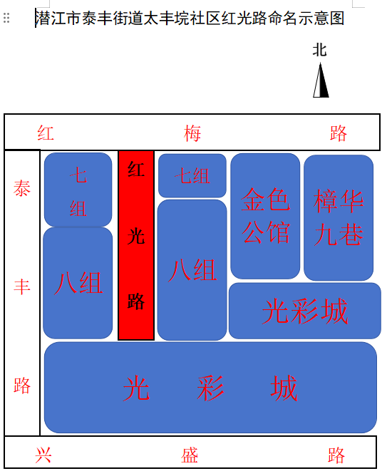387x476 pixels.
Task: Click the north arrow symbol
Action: [x=321, y=80]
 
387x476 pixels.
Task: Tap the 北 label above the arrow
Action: [x=319, y=50]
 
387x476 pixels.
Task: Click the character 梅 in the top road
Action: [x=192, y=133]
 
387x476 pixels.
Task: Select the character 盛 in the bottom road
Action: [x=190, y=455]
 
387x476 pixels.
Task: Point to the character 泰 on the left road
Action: [x=22, y=188]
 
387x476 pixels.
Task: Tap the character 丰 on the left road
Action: [x=22, y=287]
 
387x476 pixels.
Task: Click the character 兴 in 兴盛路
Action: [x=43, y=455]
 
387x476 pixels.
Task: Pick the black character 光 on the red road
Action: [x=136, y=237]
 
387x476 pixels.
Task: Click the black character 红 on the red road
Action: [x=136, y=169]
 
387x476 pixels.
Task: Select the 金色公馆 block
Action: [x=265, y=216]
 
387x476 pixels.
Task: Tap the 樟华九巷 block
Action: [x=339, y=217]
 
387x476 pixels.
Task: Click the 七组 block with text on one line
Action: [x=192, y=175]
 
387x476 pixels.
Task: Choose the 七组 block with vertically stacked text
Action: [x=78, y=190]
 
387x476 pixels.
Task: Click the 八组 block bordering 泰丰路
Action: [x=78, y=283]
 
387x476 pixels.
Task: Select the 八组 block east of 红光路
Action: [x=192, y=270]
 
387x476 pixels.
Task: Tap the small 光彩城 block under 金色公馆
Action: [x=305, y=311]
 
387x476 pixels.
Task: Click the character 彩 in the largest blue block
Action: [x=210, y=388]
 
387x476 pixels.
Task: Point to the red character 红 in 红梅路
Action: [x=46, y=133]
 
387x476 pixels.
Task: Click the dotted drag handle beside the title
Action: [x=6, y=18]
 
